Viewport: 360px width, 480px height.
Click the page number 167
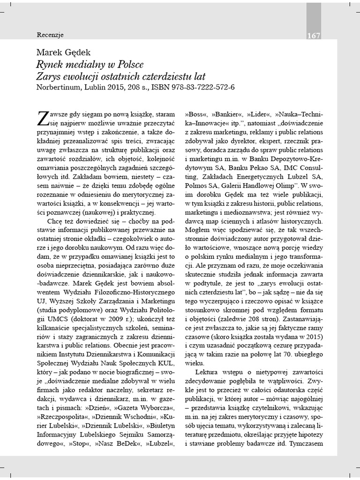coord(314,36)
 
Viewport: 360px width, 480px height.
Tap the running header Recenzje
coord(50,35)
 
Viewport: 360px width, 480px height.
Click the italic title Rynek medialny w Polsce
coord(90,64)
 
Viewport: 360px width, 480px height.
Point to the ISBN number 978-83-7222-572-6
coord(197,87)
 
